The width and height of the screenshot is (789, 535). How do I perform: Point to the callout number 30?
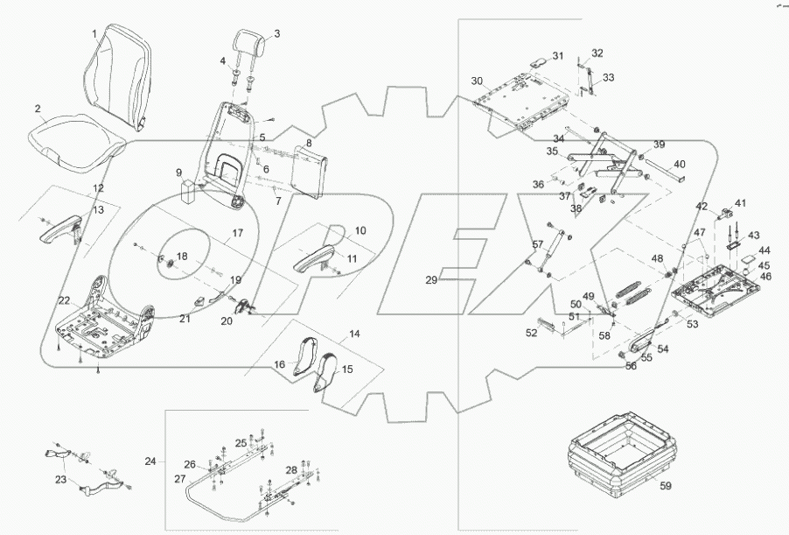coord(476,81)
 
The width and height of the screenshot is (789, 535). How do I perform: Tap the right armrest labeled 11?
coord(312,260)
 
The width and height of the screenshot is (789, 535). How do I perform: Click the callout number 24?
coord(150,460)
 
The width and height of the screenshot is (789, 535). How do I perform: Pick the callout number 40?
coord(680,164)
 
